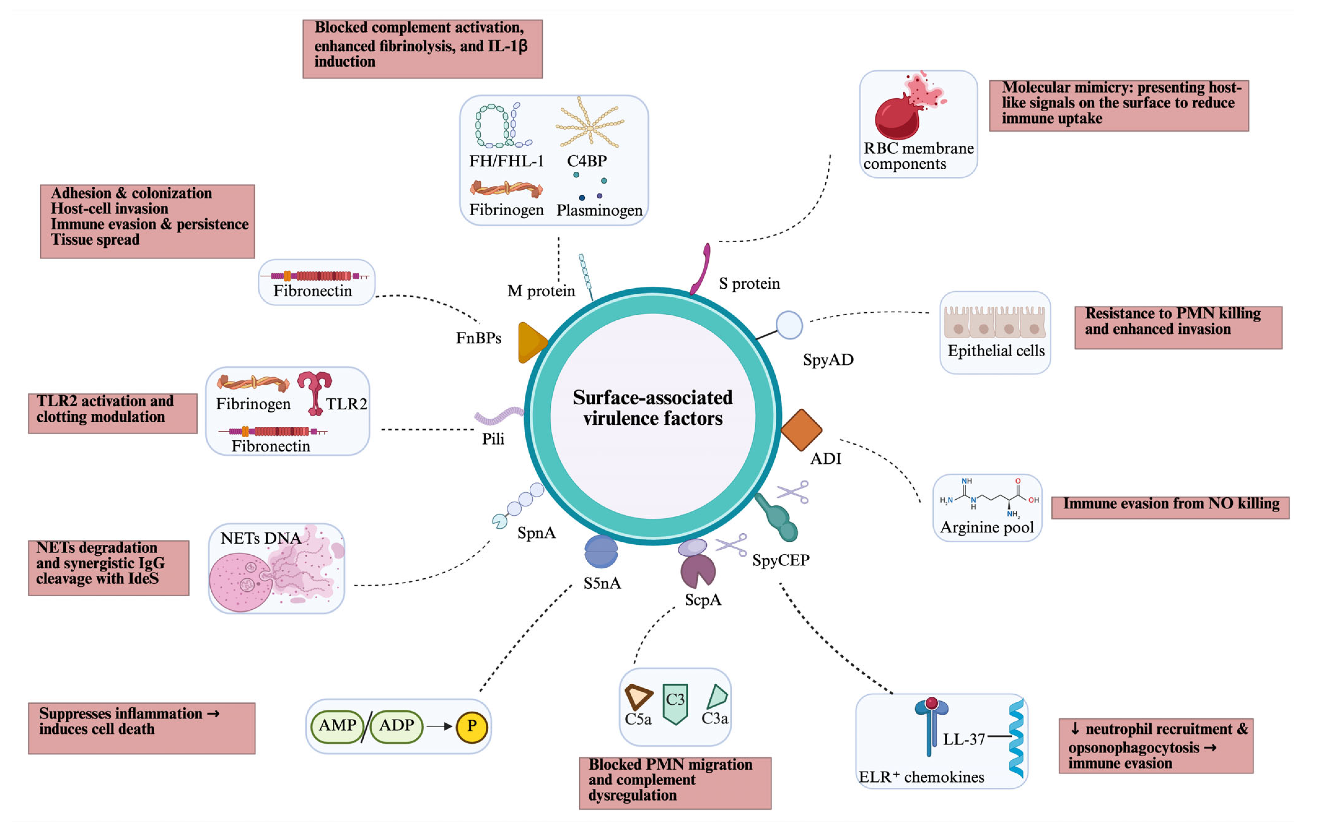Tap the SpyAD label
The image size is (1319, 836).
tap(828, 360)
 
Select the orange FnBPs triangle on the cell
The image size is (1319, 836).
tap(531, 343)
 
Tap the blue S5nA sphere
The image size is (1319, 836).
tap(601, 551)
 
